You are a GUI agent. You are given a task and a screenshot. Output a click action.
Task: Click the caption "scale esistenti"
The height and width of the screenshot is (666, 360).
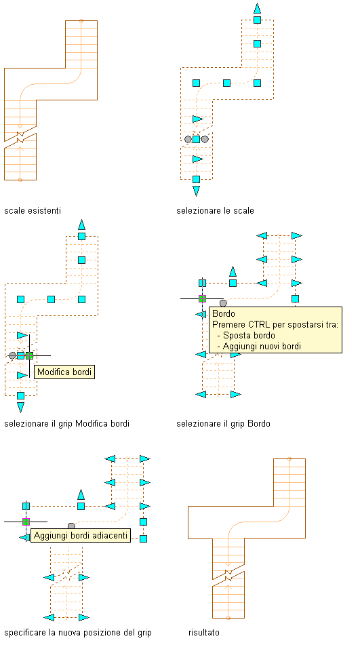point(33,211)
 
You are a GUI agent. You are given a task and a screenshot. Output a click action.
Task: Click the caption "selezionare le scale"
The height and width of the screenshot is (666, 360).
point(215,211)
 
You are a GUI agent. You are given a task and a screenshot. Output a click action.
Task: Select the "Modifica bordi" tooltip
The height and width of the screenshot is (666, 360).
point(64,372)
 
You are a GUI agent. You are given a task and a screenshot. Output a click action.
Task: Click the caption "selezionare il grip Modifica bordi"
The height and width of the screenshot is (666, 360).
point(66,423)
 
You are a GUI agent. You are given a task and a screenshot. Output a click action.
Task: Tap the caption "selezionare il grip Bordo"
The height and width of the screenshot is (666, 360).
point(223,423)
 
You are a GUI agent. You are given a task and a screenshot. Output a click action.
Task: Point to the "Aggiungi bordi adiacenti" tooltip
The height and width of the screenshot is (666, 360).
point(81,536)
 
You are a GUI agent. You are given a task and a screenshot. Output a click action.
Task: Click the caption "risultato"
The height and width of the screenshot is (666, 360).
point(204,633)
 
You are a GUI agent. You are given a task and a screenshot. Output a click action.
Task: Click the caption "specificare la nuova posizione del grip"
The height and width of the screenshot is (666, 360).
point(78,633)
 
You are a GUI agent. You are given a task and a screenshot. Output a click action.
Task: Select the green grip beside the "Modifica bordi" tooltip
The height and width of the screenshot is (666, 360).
point(29,355)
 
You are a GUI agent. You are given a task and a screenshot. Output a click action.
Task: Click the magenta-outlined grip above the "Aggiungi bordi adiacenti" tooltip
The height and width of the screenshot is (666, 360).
point(26,522)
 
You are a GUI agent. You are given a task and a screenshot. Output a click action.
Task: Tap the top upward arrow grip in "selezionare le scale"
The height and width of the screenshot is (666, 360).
point(257,8)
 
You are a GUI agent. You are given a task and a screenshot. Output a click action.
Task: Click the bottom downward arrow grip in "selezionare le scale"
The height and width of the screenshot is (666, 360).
point(196,191)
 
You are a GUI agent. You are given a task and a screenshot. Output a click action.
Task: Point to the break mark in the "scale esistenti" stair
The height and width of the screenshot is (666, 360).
point(20,137)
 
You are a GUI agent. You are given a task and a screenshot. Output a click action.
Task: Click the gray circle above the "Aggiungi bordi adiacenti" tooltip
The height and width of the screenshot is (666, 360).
point(71,526)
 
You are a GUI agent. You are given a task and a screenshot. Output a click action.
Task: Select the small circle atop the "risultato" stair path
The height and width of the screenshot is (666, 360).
point(289,458)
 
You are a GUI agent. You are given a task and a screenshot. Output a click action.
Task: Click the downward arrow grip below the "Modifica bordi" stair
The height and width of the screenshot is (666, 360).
point(20,408)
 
